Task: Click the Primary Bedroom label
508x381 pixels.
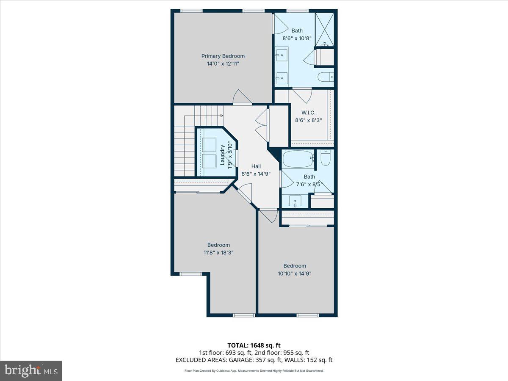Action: [223, 56]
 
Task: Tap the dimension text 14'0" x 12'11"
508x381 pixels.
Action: [223, 63]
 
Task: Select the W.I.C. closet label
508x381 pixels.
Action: [308, 113]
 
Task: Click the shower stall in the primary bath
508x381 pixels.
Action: [325, 28]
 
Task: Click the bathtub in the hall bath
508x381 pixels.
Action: [298, 160]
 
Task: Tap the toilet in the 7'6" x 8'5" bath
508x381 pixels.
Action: [326, 158]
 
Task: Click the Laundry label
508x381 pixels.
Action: [222, 155]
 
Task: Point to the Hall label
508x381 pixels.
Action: [256, 166]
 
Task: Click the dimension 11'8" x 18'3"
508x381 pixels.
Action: [218, 252]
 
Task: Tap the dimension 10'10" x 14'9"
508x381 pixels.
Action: [295, 273]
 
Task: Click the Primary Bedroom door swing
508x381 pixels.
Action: [242, 97]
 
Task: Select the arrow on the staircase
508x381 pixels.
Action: [221, 115]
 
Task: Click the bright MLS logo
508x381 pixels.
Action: [31, 370]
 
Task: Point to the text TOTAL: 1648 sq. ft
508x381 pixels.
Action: [254, 345]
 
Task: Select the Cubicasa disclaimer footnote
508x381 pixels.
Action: [254, 370]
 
